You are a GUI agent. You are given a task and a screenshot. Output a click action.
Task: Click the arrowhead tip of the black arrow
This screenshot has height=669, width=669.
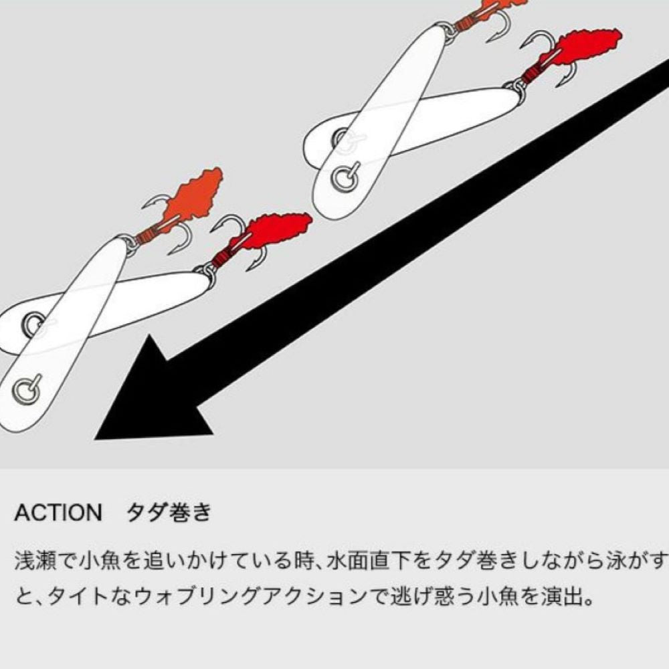(x=95, y=439)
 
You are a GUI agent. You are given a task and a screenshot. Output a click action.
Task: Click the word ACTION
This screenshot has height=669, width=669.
(x=58, y=512)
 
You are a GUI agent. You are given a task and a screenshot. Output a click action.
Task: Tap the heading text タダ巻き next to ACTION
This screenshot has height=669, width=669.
(x=169, y=512)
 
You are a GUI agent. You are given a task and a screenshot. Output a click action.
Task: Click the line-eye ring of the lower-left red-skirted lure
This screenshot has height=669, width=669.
(x=33, y=324)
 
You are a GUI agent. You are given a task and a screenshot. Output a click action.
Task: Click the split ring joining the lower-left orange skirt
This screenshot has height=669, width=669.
(x=129, y=242)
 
